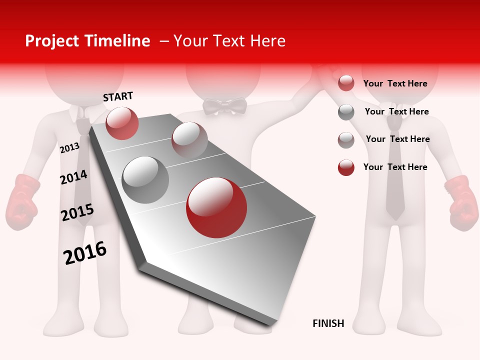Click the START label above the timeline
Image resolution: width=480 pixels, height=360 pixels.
[118, 96]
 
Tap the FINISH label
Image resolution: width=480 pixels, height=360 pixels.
[328, 323]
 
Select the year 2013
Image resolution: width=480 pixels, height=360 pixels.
[69, 147]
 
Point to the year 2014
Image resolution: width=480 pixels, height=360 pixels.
[73, 177]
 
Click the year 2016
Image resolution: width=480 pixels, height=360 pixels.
[85, 253]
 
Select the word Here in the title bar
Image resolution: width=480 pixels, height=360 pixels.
[267, 41]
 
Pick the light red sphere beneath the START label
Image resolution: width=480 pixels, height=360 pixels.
[122, 123]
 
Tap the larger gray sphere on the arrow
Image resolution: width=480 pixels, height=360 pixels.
[145, 179]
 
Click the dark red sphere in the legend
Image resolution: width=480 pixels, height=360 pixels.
[346, 167]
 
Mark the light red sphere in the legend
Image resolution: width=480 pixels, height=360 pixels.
[346, 83]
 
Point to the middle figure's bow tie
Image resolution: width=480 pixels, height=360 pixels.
[225, 106]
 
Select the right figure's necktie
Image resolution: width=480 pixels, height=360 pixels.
[395, 190]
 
